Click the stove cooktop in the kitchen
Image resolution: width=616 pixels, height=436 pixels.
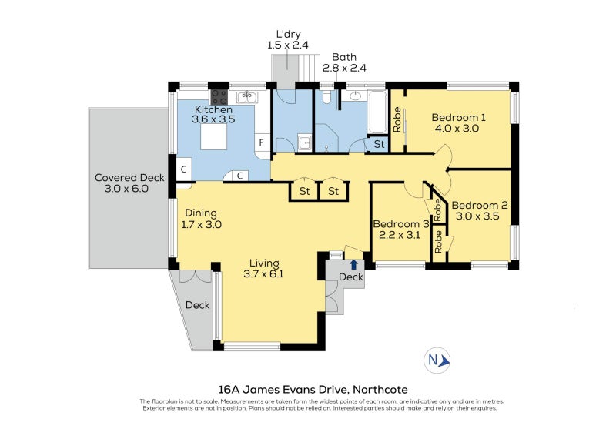(x=219, y=97)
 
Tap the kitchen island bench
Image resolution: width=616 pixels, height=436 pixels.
(x=214, y=137)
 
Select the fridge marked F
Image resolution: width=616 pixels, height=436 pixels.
(x=262, y=143)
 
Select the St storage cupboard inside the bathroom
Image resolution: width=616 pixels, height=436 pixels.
(x=379, y=144)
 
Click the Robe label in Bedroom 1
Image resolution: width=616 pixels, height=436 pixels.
(x=397, y=120)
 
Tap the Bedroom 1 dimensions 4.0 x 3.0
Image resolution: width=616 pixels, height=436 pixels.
(x=456, y=129)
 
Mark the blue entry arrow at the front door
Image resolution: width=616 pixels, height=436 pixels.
(x=353, y=264)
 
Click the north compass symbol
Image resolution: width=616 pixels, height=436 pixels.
(x=438, y=361)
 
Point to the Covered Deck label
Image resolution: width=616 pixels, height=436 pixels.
(x=129, y=178)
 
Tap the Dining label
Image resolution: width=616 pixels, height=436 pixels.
(x=200, y=213)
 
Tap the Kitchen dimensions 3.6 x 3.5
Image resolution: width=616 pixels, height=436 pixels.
(x=213, y=119)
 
